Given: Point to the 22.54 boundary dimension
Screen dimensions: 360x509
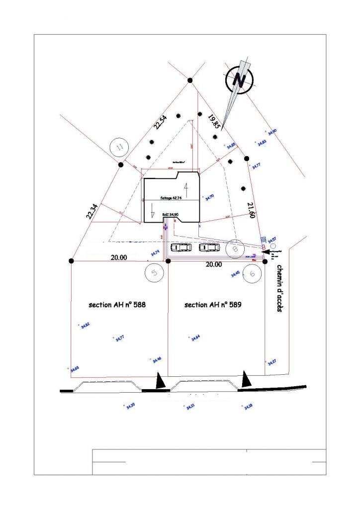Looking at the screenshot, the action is click(x=160, y=122).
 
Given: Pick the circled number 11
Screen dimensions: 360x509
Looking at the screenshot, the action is click(x=119, y=147).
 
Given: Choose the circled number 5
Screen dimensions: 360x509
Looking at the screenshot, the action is click(x=154, y=273).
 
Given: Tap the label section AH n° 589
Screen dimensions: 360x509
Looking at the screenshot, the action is click(x=213, y=305).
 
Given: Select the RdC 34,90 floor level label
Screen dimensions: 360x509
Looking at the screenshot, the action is click(x=170, y=214).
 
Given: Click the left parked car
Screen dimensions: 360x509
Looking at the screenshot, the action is click(x=181, y=247).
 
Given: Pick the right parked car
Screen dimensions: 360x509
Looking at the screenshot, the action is click(x=209, y=247).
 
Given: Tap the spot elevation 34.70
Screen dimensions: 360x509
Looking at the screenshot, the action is click(x=209, y=197).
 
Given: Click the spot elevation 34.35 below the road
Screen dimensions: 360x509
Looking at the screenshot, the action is click(x=131, y=406).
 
